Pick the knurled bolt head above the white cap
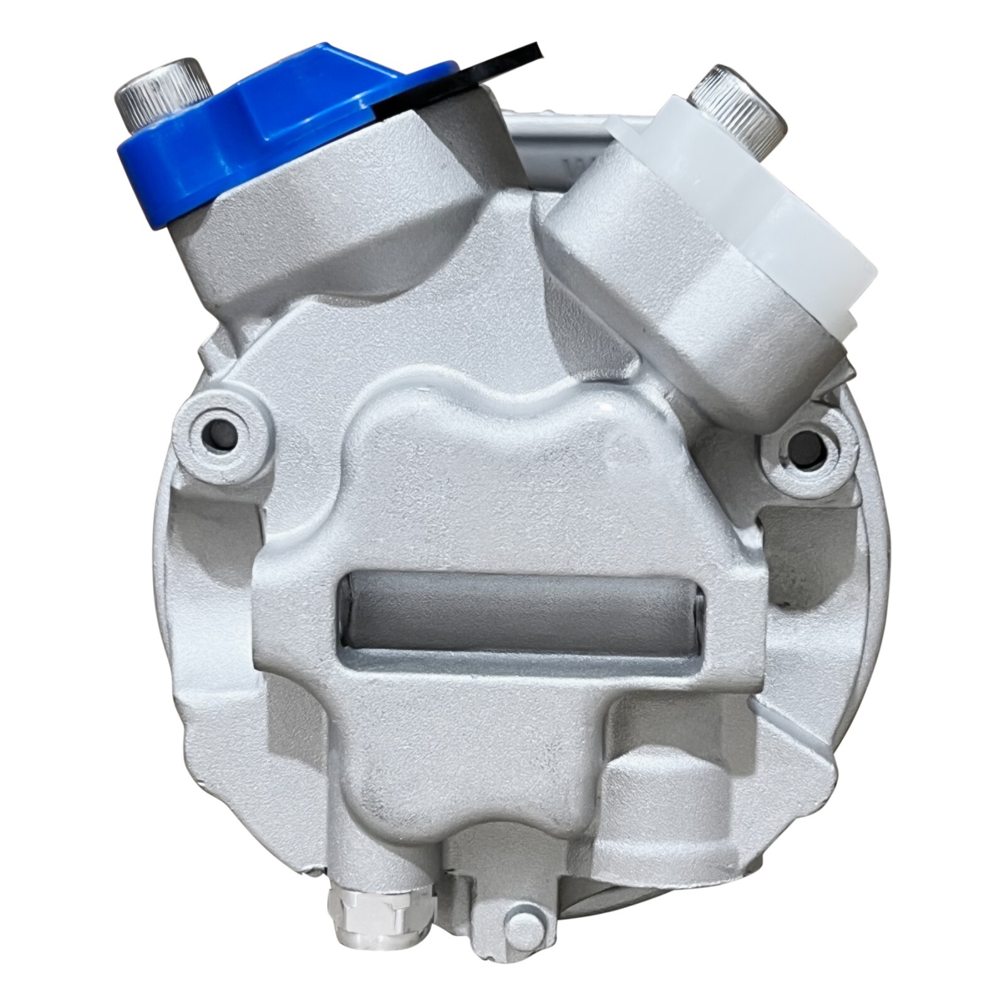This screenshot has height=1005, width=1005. (x=741, y=100)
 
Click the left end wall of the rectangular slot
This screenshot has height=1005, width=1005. (x=347, y=603)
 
